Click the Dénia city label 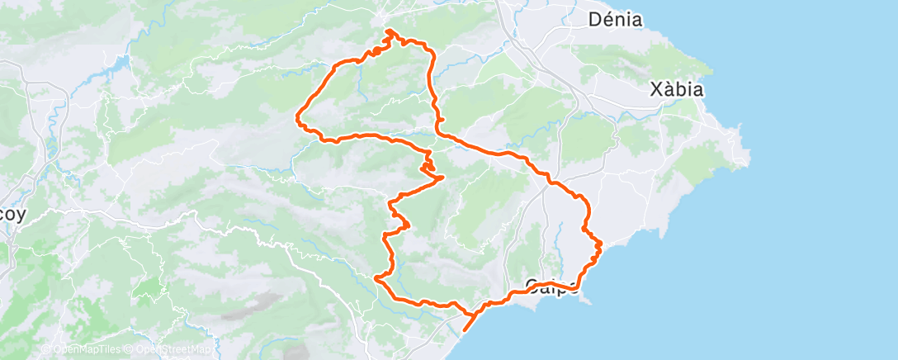point(616,20)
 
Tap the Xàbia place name point(677,89)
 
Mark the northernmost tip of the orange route point(389,31)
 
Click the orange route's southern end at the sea point(465,329)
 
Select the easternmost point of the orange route point(601,244)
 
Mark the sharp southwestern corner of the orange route point(378,279)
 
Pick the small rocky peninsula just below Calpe point(588,299)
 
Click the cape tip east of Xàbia point(747,152)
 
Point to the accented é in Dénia point(605,19)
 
